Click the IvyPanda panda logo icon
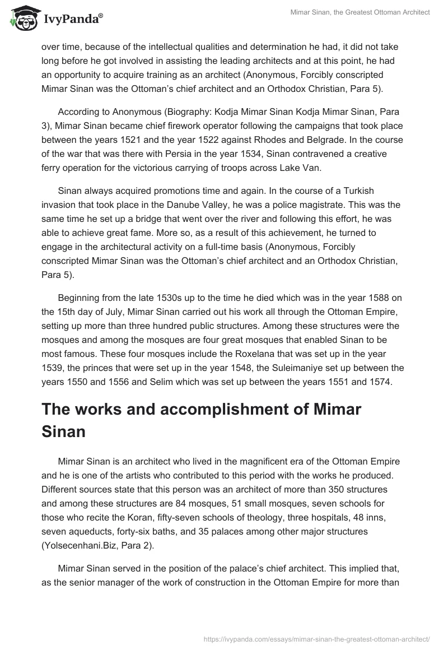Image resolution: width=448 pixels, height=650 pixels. point(22,18)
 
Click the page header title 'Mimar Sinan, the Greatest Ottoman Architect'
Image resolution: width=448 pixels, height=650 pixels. point(360,12)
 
